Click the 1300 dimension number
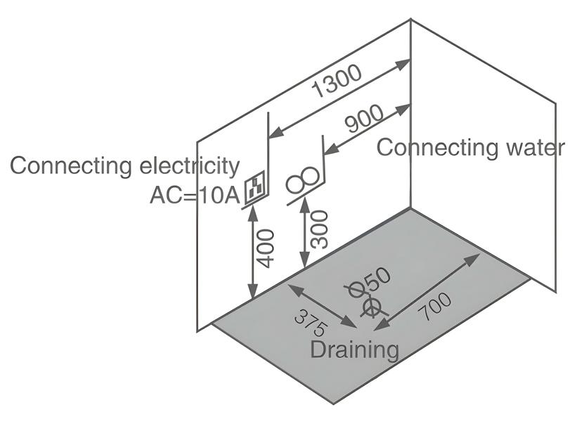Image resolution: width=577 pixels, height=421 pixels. (337, 81)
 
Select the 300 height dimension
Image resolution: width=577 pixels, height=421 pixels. (319, 229)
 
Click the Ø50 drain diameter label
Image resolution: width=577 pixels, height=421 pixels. (370, 281)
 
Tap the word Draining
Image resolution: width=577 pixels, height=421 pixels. (355, 349)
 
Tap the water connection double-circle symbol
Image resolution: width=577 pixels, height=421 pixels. (303, 180)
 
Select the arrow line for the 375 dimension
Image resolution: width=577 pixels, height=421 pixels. (320, 305)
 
